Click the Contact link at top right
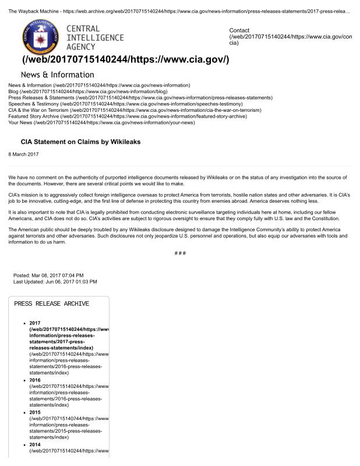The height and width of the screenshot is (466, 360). tap(239, 30)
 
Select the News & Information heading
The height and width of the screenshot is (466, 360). tap(57, 75)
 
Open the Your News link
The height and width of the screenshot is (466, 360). tap(21, 123)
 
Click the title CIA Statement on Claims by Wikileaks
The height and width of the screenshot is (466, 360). tap(80, 142)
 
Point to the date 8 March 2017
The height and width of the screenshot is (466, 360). tap(23, 154)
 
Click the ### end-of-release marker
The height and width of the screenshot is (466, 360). tap(180, 253)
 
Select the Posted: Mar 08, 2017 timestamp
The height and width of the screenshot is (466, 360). tap(48, 275)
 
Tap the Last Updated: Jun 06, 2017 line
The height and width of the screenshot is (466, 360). tap(55, 281)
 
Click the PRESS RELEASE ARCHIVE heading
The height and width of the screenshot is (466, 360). tap(51, 303)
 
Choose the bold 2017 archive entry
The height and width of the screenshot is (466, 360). tap(34, 323)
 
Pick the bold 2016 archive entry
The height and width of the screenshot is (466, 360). tap(34, 380)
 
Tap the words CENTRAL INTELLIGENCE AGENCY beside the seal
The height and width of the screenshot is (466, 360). tap(94, 37)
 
